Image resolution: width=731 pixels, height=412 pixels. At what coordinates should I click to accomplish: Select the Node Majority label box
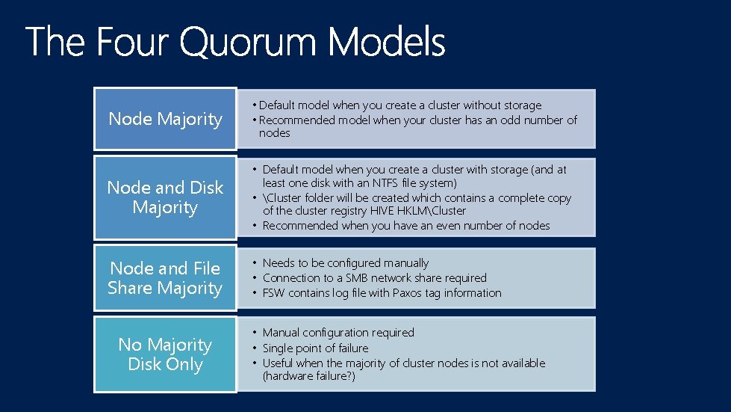165,119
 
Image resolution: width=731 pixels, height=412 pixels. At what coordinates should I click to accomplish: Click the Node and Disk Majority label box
165,197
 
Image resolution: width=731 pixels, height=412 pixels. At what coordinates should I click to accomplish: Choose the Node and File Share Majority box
165,278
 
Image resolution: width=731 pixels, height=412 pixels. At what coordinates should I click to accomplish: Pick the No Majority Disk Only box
165,354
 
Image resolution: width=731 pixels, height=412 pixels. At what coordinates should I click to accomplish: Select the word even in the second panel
448,225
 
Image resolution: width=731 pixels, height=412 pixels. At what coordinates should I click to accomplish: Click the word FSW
274,292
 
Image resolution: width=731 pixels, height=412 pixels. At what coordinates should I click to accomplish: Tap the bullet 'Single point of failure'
315,348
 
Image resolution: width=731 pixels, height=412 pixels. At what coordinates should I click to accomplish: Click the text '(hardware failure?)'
308,376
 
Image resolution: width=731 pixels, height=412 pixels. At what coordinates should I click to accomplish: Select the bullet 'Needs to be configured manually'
346,262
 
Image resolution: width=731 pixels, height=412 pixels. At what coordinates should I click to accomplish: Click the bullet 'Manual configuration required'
338,332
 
